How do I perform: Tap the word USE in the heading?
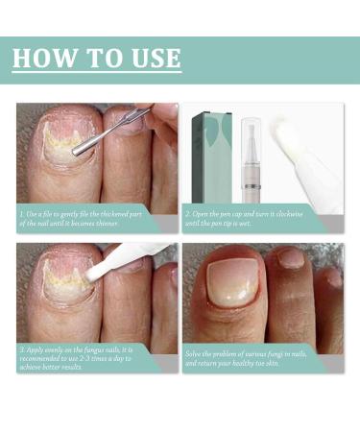click(150, 58)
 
